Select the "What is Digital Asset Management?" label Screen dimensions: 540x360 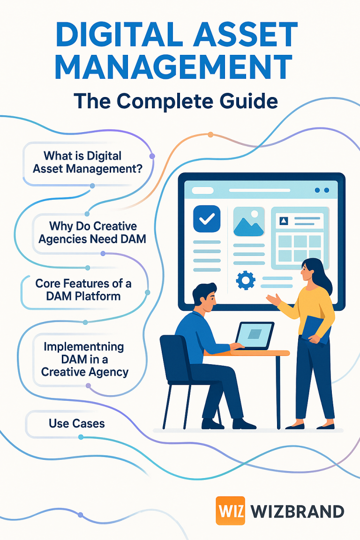tap(87, 162)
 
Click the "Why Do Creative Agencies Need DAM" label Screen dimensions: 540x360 tap(92, 232)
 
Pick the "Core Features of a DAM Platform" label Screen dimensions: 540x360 tap(83, 290)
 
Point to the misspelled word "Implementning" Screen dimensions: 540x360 tap(84, 347)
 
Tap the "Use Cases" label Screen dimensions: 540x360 tap(76, 424)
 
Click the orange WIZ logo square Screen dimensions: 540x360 tap(230, 510)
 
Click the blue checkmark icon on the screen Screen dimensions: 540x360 tap(206, 218)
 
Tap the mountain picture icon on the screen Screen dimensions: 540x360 tap(248, 221)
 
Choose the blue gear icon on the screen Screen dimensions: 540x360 tap(246, 280)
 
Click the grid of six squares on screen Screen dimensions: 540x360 tap(299, 248)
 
